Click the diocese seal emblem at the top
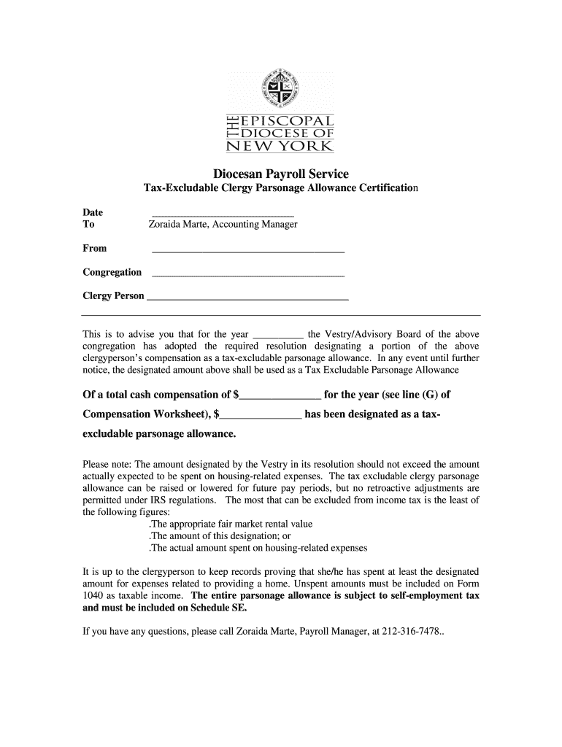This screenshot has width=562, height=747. (280, 86)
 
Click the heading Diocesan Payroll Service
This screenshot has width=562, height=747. (280, 174)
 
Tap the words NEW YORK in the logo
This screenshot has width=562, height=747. (280, 147)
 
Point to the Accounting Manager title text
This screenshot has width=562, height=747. (256, 225)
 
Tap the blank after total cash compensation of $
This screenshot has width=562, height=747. (280, 397)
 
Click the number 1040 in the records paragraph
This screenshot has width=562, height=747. (93, 595)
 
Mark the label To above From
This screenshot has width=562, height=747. (88, 225)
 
